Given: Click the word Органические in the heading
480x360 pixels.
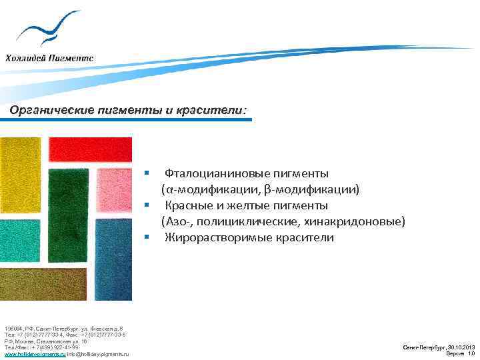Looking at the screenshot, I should click(47, 110).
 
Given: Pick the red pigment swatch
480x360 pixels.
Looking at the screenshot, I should click(90, 150).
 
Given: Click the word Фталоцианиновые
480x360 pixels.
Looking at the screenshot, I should click(214, 173).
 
